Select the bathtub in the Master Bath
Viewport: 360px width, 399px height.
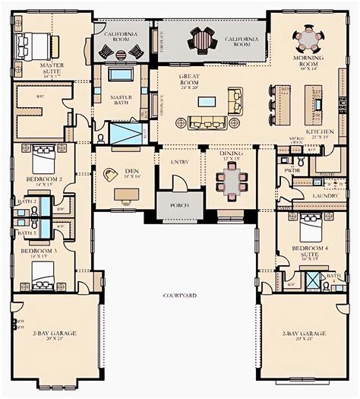pyautogui.click(x=120, y=74)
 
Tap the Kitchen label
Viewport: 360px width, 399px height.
pyautogui.click(x=320, y=132)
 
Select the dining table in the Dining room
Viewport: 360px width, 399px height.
pyautogui.click(x=231, y=182)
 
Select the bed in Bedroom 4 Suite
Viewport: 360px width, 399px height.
pyautogui.click(x=312, y=228)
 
